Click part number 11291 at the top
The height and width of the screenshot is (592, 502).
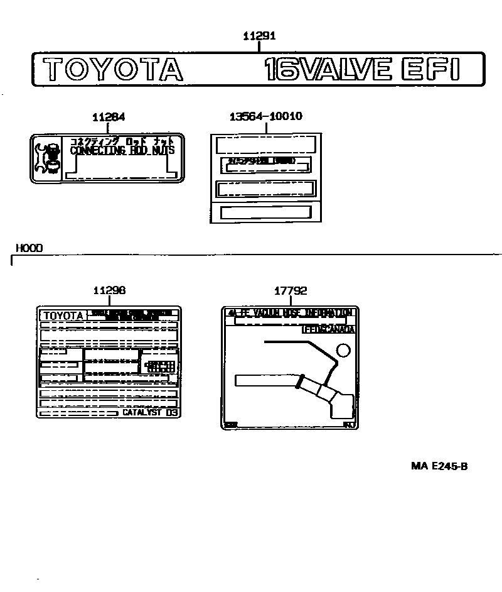(259, 36)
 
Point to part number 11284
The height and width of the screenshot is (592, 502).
(108, 117)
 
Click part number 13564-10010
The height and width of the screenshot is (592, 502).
(265, 116)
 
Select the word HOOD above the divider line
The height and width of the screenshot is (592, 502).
(29, 248)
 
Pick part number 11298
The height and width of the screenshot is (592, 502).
(109, 290)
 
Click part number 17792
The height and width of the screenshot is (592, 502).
(291, 290)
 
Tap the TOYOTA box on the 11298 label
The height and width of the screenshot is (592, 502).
(63, 315)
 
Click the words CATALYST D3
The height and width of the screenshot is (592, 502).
(150, 412)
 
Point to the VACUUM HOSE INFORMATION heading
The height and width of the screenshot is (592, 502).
(290, 312)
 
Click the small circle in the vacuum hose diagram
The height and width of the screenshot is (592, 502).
(343, 350)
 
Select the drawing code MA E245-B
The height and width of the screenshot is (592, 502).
(439, 466)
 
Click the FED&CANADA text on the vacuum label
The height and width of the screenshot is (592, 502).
(328, 329)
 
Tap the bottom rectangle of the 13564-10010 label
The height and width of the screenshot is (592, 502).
(265, 212)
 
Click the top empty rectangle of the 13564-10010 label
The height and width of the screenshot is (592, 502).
(265, 145)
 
